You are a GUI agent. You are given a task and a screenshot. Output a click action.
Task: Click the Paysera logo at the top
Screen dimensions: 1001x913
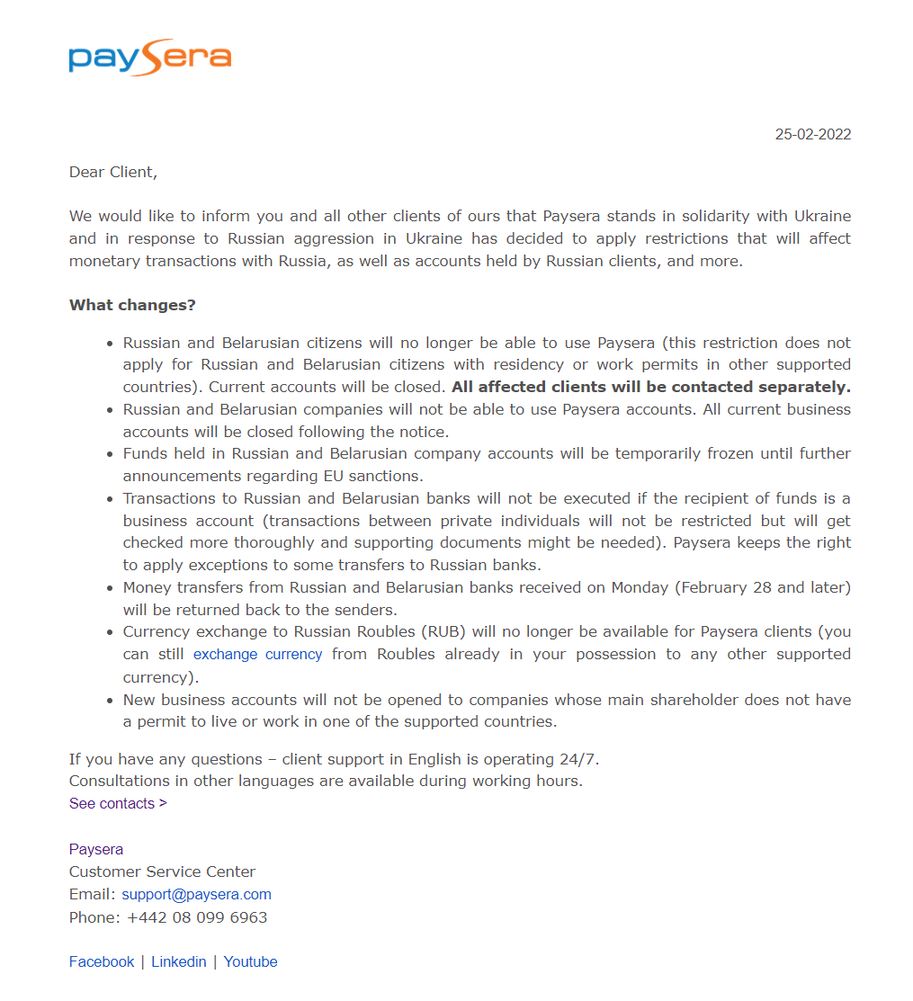point(149,57)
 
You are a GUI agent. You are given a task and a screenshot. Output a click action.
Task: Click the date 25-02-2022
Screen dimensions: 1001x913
point(812,135)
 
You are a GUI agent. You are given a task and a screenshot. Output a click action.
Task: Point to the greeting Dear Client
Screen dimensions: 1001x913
point(112,172)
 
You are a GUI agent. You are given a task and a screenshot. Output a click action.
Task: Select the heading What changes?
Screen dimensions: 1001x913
point(132,305)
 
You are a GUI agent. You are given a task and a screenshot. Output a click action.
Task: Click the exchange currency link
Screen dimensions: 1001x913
point(257,655)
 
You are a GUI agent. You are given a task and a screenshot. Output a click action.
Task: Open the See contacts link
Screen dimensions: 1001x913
point(118,804)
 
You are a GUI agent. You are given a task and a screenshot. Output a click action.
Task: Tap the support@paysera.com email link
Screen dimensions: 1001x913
point(196,895)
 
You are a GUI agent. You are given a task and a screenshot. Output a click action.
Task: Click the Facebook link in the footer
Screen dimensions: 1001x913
point(102,962)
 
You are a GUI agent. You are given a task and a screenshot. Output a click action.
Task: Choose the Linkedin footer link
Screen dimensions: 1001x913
point(179,962)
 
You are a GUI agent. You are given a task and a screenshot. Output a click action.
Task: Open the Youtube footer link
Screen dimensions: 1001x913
point(250,962)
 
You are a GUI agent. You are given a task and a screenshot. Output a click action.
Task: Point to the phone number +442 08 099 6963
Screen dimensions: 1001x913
point(197,918)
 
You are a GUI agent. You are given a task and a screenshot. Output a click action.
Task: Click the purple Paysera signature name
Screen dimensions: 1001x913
point(96,850)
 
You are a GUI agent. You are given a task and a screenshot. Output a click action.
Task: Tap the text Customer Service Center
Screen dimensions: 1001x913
point(162,872)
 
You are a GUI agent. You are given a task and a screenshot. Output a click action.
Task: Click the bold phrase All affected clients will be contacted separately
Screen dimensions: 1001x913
point(650,388)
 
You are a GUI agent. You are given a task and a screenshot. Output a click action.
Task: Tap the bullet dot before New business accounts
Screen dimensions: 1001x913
point(111,701)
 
